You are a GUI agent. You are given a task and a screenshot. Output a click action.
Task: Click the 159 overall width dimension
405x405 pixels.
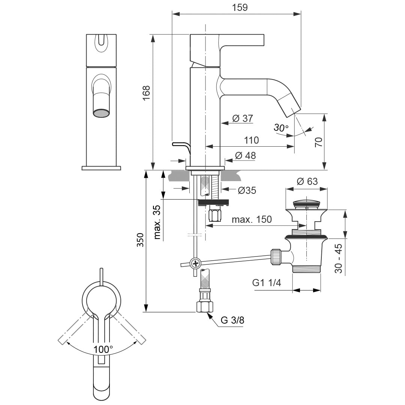240,7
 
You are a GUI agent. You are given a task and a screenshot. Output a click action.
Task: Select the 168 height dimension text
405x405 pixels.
146,93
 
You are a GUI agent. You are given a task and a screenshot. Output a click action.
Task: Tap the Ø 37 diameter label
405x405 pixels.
243,118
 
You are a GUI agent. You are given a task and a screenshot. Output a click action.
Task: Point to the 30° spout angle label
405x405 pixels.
281,127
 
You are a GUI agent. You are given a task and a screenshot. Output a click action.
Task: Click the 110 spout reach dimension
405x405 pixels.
251,140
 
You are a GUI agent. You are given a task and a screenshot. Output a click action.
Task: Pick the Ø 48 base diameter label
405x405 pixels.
245,155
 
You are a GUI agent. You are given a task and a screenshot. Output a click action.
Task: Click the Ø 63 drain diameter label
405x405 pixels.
307,181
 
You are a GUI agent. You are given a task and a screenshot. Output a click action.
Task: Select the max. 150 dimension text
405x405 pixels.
252,219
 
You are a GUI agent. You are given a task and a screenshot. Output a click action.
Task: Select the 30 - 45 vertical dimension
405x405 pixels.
338,258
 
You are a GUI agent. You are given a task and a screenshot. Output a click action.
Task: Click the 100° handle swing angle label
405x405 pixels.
103,349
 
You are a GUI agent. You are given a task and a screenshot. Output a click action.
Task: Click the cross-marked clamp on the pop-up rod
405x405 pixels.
195,263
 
